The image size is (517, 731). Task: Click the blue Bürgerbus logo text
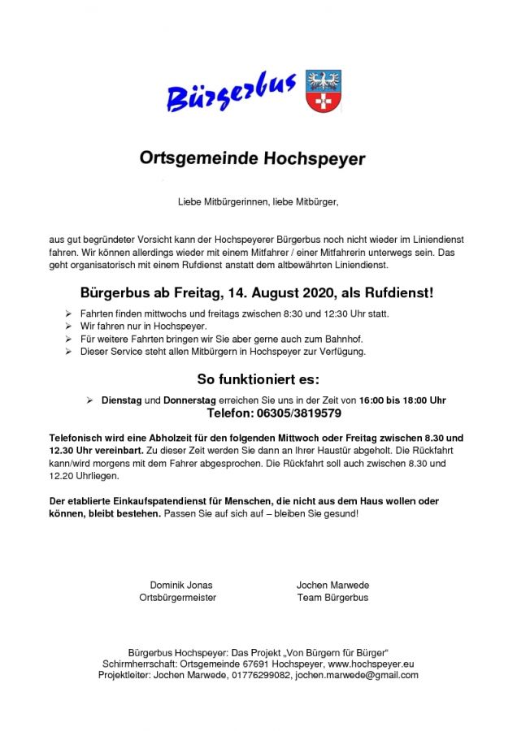click(x=232, y=91)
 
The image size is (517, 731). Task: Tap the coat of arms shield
click(x=324, y=90)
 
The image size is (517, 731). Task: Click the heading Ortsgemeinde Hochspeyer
click(x=252, y=158)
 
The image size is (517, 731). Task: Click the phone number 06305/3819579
click(x=295, y=413)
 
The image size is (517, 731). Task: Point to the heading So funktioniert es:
click(x=258, y=379)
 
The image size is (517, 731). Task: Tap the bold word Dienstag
click(x=121, y=400)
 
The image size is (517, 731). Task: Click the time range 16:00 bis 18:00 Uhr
click(x=403, y=400)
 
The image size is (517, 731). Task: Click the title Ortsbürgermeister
click(x=177, y=598)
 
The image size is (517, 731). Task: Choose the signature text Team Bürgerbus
click(x=332, y=598)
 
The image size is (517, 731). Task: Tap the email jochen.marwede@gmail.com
click(x=357, y=675)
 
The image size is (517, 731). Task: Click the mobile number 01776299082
click(x=260, y=675)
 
